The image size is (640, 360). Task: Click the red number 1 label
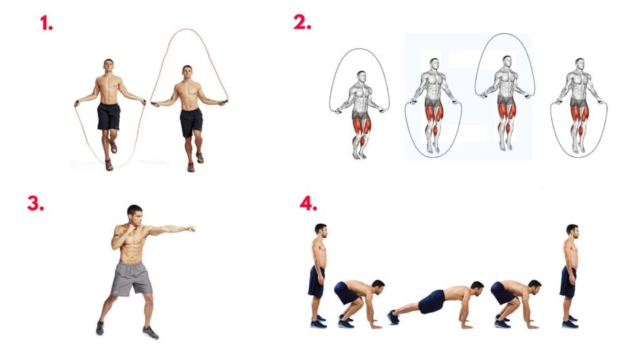46,23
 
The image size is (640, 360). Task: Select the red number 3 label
35,203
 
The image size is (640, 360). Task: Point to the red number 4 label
308,203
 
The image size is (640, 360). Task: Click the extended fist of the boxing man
190,229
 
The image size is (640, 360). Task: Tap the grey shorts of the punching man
131,278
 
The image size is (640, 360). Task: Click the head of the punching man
135,214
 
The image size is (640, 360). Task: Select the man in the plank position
436,304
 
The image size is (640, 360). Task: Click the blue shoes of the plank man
394,317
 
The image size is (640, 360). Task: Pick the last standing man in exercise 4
570,276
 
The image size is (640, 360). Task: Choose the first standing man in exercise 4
319,276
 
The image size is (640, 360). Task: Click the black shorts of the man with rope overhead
191,122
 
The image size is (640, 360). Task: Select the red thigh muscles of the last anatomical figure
579,114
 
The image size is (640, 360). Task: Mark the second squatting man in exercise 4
516,304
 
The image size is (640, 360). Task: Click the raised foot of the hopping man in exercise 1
114,148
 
